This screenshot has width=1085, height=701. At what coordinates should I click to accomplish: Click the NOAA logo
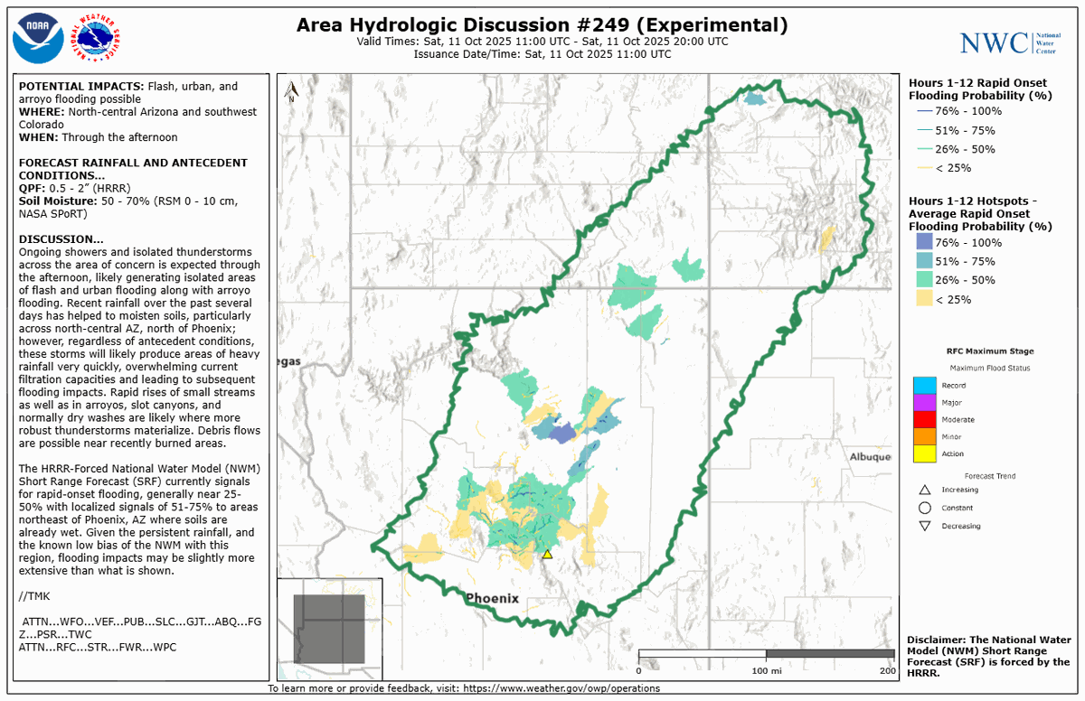[x=38, y=38]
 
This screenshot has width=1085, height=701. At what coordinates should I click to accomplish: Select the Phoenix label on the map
[x=492, y=598]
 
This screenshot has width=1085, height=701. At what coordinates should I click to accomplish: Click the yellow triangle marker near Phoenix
[x=547, y=555]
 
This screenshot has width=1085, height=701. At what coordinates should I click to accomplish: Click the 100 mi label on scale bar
[x=766, y=669]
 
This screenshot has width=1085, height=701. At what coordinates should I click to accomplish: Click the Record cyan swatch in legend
[x=924, y=386]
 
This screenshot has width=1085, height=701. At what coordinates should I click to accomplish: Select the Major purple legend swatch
[x=924, y=403]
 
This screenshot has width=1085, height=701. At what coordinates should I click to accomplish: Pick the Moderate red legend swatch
[x=924, y=420]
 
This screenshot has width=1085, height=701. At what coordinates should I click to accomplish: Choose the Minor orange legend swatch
[x=924, y=437]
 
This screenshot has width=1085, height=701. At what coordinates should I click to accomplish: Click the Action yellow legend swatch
[x=924, y=454]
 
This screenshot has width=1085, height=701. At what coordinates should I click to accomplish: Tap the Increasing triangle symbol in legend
[x=924, y=490]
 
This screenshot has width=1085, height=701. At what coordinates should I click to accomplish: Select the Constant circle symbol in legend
[x=924, y=508]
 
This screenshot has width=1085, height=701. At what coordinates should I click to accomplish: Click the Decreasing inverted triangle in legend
[x=924, y=526]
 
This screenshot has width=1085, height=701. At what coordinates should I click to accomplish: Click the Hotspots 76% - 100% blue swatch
[x=923, y=242]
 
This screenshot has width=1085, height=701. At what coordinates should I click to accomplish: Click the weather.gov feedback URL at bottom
[x=561, y=688]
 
